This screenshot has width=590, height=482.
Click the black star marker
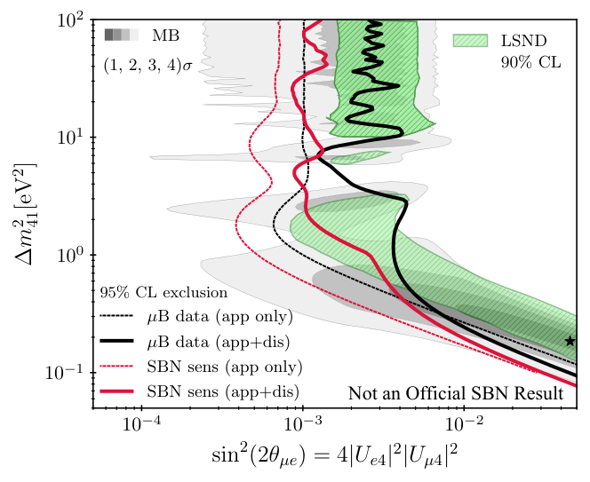coord(570,341)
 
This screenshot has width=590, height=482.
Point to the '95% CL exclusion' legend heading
coord(163,291)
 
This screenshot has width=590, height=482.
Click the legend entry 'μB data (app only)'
coord(223,315)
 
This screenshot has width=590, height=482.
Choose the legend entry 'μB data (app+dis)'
coord(223,341)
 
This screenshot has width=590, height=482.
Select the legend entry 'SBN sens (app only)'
coord(223,366)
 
